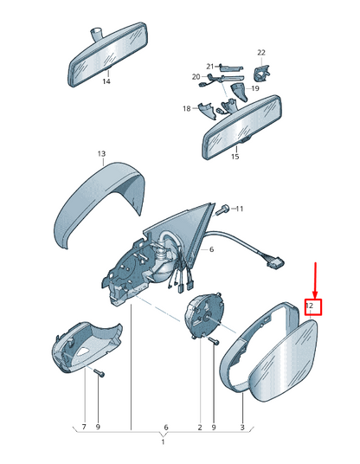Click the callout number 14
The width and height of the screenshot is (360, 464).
pyautogui.click(x=106, y=81)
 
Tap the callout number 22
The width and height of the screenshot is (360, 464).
pyautogui.click(x=261, y=53)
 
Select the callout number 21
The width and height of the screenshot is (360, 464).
pyautogui.click(x=210, y=67)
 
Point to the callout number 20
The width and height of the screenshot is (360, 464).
pyautogui.click(x=196, y=77)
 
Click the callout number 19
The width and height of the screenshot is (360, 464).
pyautogui.click(x=255, y=88)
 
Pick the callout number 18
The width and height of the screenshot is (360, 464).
pyautogui.click(x=187, y=108)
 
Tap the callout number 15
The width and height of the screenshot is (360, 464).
pyautogui.click(x=235, y=156)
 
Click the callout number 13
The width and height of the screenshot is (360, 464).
pyautogui.click(x=101, y=154)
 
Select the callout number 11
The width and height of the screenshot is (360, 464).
pyautogui.click(x=240, y=209)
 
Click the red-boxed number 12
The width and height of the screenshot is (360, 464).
pyautogui.click(x=310, y=306)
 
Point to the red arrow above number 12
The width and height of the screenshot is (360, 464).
pyautogui.click(x=315, y=280)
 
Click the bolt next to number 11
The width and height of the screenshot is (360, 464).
pyautogui.click(x=222, y=209)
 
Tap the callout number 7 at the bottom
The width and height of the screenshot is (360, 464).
pyautogui.click(x=84, y=427)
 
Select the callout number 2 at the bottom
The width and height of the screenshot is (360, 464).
pyautogui.click(x=200, y=428)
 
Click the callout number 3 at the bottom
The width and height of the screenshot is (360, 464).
pyautogui.click(x=242, y=428)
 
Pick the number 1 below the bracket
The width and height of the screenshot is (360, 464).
pyautogui.click(x=163, y=442)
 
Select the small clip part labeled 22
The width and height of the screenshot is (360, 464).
pyautogui.click(x=261, y=74)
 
